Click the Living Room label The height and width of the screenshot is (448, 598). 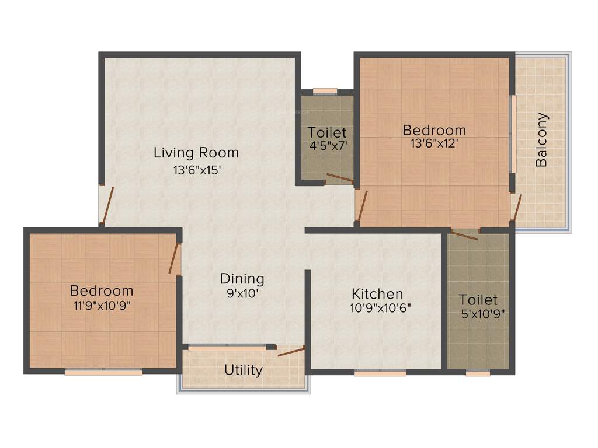[196, 153]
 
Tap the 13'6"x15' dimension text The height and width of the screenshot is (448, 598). [196, 171]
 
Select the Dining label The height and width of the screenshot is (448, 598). [242, 279]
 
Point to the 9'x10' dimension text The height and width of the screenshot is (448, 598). [242, 294]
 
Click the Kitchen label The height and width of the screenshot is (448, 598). [377, 293]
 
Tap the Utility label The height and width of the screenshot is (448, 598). [244, 370]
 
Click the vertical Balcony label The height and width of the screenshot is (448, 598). [541, 140]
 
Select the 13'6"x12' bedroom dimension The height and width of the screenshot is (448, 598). [434, 143]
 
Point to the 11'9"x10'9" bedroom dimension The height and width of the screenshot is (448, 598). [101, 306]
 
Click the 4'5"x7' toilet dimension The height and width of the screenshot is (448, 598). [328, 146]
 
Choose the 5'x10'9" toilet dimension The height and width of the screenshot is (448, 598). [482, 314]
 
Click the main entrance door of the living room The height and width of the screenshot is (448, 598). [105, 205]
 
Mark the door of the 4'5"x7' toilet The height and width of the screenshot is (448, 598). [339, 178]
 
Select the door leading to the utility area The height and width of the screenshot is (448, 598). [291, 351]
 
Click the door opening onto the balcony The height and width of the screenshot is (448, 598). [516, 207]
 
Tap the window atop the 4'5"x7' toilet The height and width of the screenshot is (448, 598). [325, 91]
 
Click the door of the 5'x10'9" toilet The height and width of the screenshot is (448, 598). [465, 235]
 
